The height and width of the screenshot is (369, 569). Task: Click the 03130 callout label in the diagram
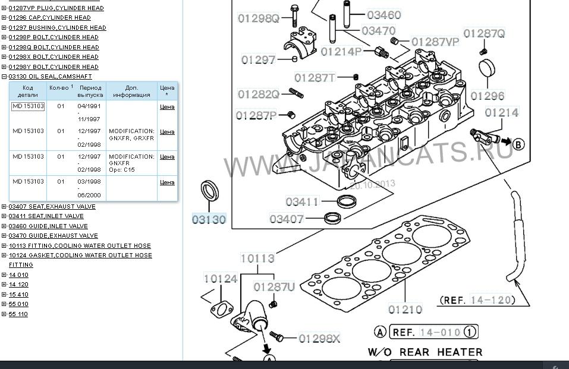coord(209,219)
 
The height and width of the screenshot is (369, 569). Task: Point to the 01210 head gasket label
coord(405,310)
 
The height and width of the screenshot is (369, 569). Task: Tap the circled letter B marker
coord(518,144)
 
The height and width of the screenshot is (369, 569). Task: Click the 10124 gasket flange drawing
coord(222,310)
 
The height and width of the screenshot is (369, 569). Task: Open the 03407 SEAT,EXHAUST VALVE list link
coord(52,206)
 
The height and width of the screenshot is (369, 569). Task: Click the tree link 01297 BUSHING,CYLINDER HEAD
coord(57,27)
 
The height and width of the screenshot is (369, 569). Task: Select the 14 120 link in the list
coord(18,285)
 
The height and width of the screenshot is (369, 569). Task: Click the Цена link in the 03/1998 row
coord(167,182)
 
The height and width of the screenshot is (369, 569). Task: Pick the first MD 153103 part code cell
coord(28,106)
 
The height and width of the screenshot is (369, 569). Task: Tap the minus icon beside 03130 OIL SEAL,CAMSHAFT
coord(4,77)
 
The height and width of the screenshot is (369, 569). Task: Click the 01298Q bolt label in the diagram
coord(259,18)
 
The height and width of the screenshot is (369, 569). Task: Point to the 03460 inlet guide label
coord(384,15)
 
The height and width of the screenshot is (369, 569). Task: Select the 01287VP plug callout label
coord(435,42)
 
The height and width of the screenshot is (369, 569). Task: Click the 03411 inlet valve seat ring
coord(347,201)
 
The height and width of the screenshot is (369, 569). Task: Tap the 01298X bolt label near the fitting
coord(319,339)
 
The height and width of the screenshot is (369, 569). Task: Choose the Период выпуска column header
coord(90,91)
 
